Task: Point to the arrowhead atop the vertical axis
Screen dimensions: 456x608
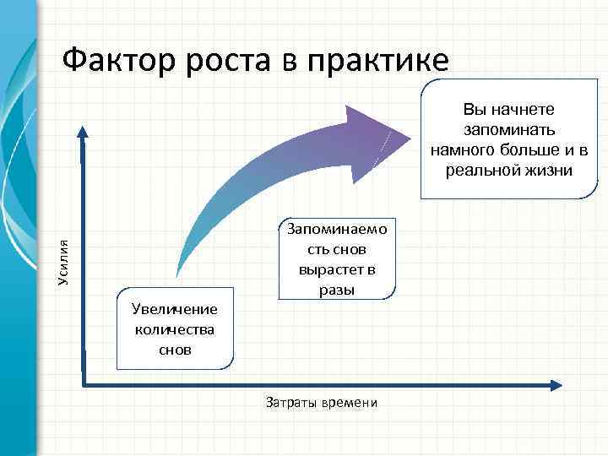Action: tap(82, 131)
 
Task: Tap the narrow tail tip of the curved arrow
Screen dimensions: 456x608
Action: tap(176, 274)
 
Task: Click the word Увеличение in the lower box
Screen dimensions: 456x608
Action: tap(174, 310)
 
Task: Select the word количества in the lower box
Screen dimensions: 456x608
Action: tap(174, 329)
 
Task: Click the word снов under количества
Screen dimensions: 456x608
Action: tap(174, 348)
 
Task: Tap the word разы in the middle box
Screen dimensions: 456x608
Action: tap(337, 290)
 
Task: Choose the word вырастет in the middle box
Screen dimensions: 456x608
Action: tap(337, 269)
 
